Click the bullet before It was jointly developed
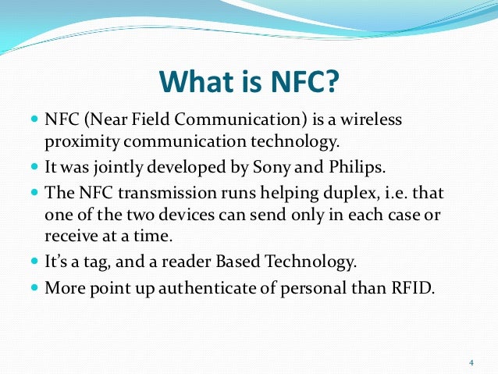(34, 168)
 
